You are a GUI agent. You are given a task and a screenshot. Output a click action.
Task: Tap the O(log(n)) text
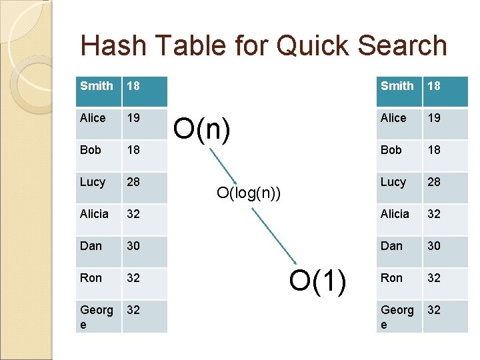(x=249, y=193)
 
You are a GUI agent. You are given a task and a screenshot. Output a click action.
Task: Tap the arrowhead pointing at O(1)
(x=295, y=261)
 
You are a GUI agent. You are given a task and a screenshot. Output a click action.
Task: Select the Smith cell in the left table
(x=97, y=86)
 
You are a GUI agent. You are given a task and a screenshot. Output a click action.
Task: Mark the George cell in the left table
(x=97, y=316)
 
